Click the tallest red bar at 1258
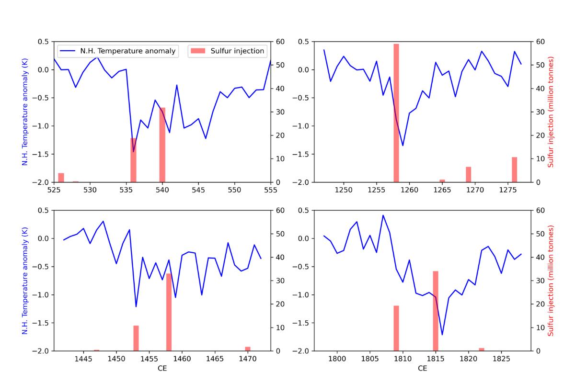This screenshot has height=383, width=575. click(x=396, y=113)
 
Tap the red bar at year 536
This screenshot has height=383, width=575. click(x=134, y=160)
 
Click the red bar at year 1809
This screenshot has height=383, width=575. click(x=396, y=328)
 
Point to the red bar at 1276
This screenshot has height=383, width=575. click(x=514, y=169)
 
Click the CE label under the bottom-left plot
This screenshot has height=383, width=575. click(x=162, y=369)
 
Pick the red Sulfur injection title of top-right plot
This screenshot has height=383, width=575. click(x=551, y=112)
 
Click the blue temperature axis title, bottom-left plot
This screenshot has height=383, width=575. click(x=25, y=281)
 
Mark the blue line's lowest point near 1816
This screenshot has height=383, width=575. click(x=442, y=335)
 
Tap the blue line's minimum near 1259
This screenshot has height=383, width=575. click(x=402, y=145)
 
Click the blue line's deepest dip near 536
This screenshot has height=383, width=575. click(x=134, y=151)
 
